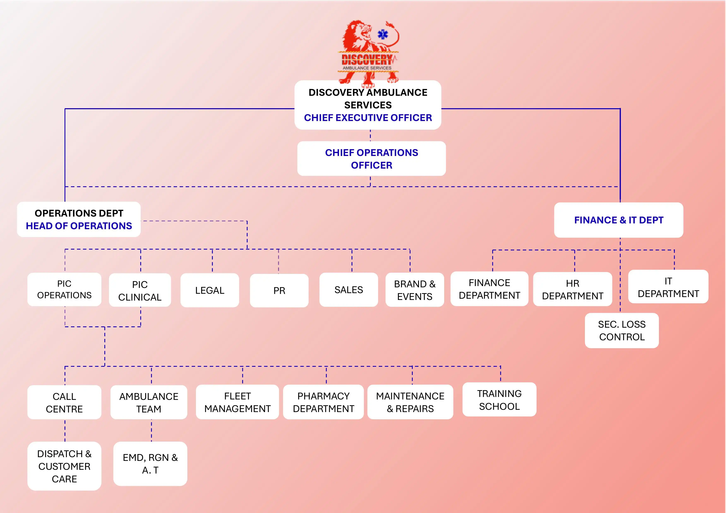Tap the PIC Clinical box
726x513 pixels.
(140, 290)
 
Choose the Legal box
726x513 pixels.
(210, 290)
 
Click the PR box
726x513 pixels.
(279, 290)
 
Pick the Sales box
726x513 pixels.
(349, 290)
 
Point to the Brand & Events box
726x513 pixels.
(415, 290)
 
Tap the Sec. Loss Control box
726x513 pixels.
(622, 330)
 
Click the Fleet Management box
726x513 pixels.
(238, 402)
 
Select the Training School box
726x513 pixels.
(499, 399)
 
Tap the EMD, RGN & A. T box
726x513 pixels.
(150, 464)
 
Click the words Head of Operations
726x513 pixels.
(79, 226)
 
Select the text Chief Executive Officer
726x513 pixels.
(368, 117)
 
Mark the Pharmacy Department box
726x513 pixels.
(323, 402)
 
